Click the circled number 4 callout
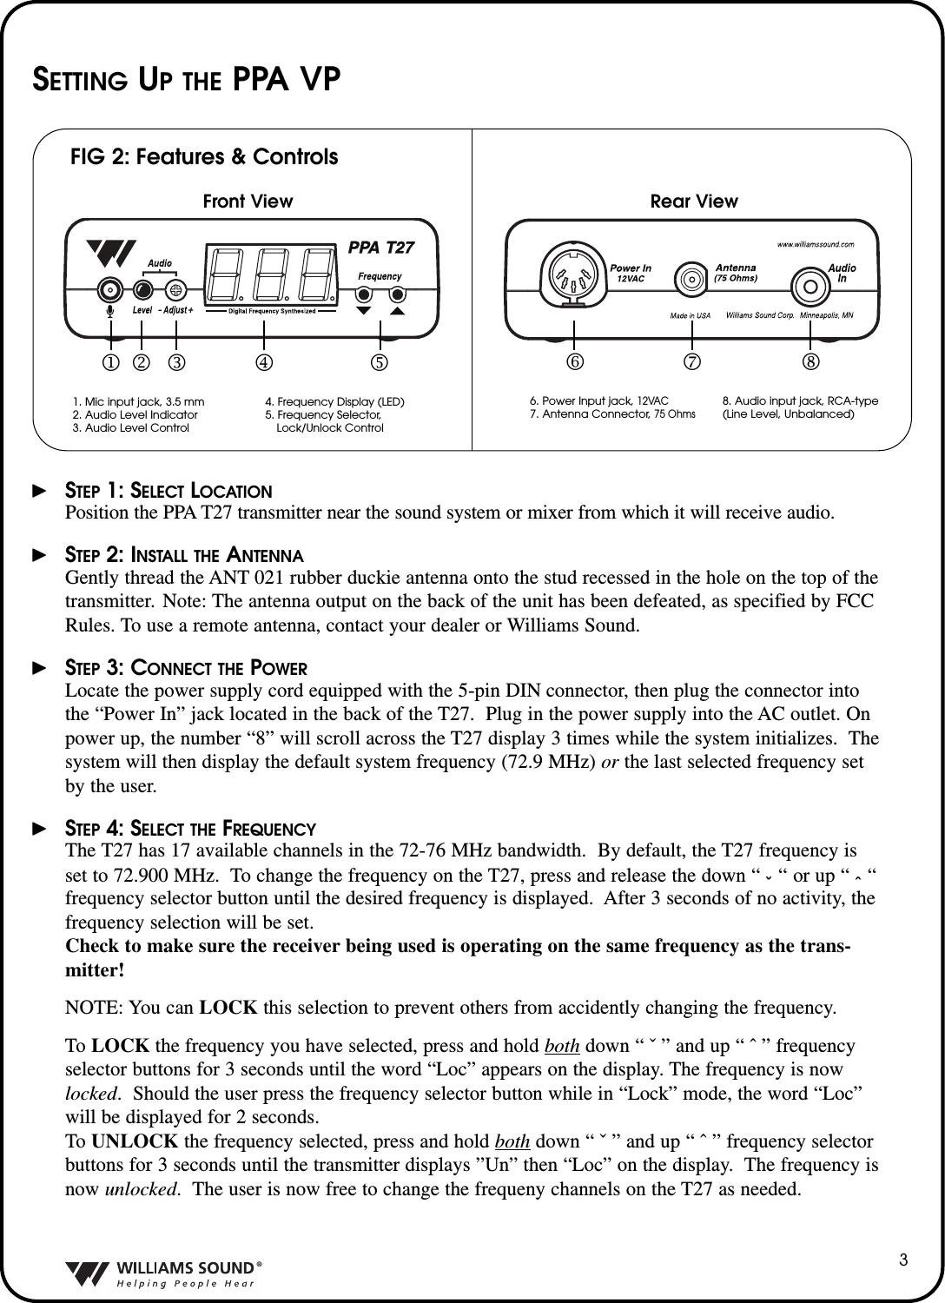pos(263,360)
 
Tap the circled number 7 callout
pos(691,360)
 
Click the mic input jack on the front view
pos(109,289)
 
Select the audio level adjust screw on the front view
pos(176,289)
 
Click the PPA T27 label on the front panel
pos(380,248)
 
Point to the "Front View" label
pos(248,202)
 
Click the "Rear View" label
pos(694,202)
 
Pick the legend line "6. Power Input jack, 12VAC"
pos(598,401)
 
